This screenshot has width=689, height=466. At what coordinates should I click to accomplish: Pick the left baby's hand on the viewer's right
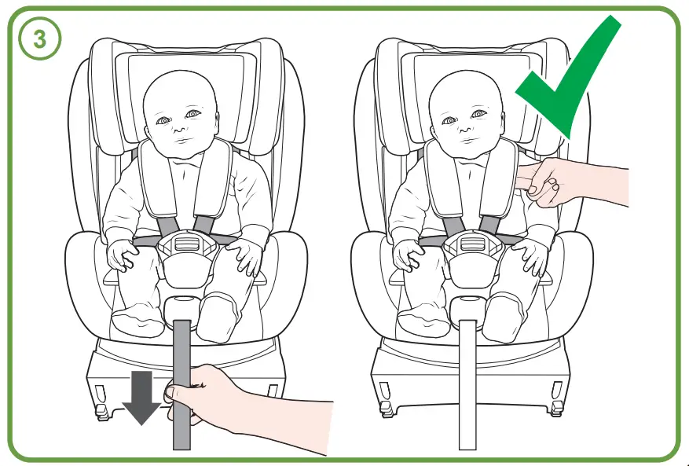247,259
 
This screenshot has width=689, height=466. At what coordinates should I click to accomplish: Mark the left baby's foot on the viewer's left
137,318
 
